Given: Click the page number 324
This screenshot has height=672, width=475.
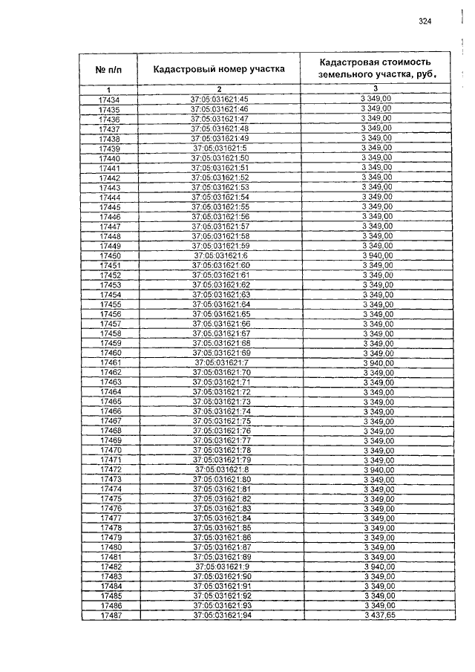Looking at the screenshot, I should click(x=425, y=21).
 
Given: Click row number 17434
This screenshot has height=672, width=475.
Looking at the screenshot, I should click(x=108, y=100).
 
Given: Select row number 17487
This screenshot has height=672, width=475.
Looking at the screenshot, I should click(x=110, y=616).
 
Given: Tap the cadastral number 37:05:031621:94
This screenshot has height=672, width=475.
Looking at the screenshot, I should click(x=222, y=616).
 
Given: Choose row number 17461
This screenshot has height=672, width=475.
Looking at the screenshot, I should click(x=110, y=362).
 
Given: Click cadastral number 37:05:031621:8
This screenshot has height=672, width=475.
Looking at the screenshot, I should click(x=221, y=469).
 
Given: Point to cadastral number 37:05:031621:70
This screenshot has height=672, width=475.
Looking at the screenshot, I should click(x=221, y=372).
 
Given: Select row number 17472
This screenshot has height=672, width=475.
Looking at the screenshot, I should click(x=110, y=469).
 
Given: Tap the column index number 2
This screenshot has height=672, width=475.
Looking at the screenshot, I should click(x=220, y=90).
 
